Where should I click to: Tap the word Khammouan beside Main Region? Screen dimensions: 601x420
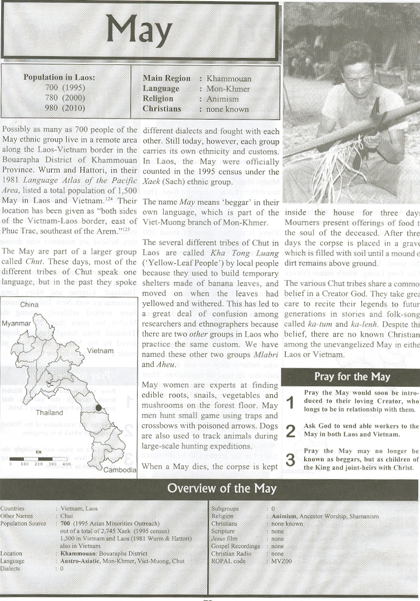228,78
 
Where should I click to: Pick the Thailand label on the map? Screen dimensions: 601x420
49,413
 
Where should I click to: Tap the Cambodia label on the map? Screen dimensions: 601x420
120,470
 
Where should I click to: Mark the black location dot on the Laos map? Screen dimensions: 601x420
99,408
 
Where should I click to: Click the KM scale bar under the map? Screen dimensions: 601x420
40,459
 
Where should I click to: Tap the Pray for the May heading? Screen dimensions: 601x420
351,377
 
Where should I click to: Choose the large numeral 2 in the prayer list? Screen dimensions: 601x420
290,431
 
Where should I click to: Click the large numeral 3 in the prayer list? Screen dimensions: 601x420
290,460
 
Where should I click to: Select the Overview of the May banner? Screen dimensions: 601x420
222,489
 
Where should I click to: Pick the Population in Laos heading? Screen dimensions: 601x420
59,77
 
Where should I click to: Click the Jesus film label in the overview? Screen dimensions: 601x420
224,539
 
